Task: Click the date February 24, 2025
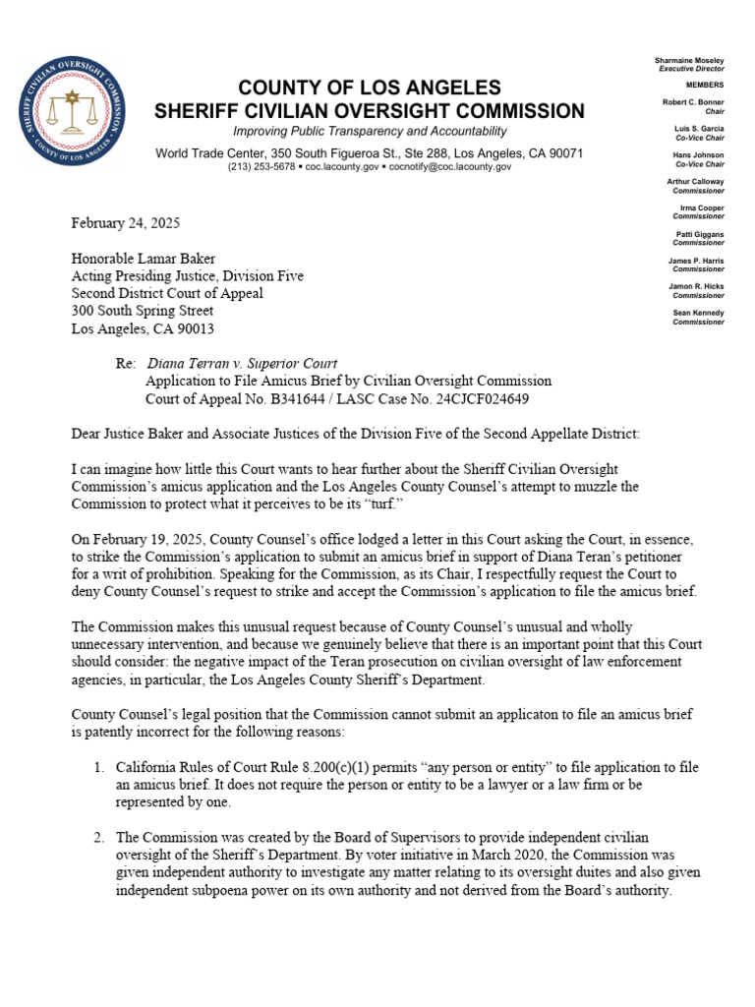125,222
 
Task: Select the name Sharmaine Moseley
689,61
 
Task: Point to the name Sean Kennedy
699,313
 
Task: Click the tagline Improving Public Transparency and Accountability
370,132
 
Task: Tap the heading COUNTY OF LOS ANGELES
370,87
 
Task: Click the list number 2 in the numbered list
99,838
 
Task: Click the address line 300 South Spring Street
142,311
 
